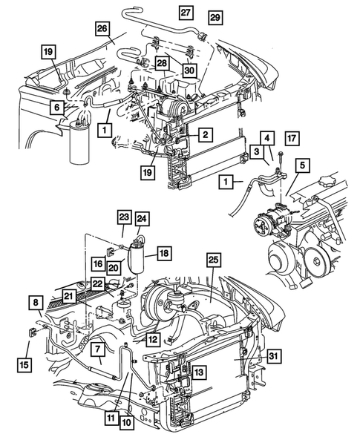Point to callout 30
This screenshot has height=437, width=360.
coord(189,70)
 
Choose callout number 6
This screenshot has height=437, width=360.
coord(56,108)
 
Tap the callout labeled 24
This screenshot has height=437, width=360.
coord(141,220)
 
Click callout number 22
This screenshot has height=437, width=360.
coord(97,283)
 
